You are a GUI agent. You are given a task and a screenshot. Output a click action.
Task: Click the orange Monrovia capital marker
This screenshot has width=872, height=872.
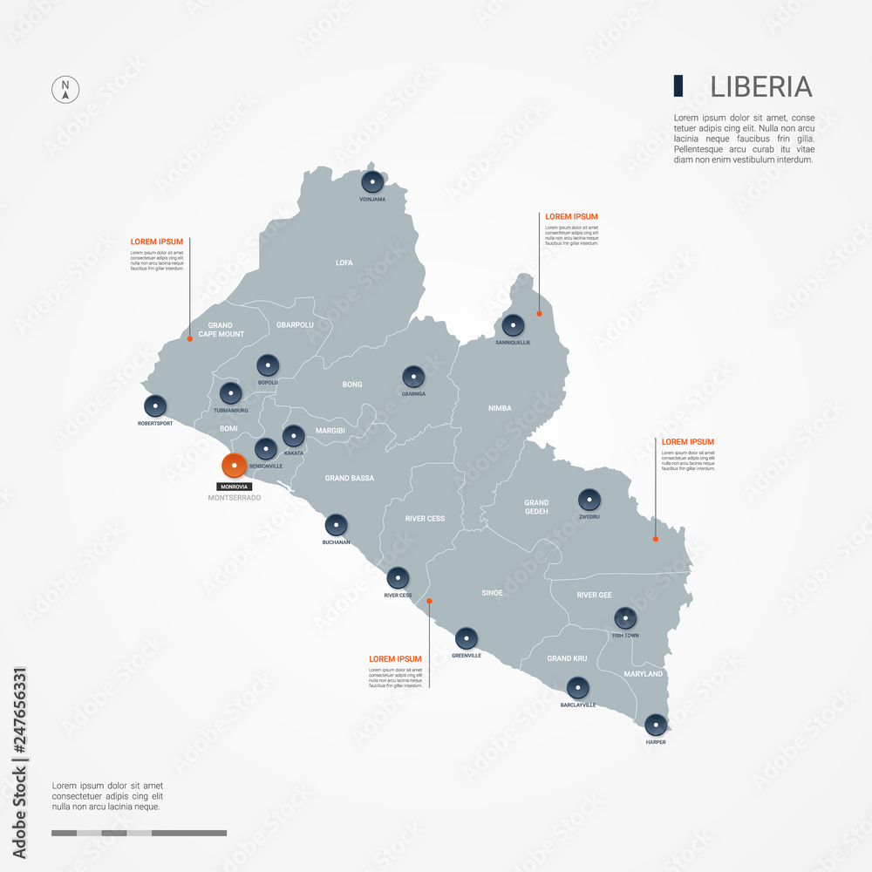click(x=234, y=466)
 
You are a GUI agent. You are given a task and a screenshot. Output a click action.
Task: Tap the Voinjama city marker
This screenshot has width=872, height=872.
click(x=372, y=182)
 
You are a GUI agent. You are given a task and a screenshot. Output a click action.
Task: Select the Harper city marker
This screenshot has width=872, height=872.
click(x=656, y=725)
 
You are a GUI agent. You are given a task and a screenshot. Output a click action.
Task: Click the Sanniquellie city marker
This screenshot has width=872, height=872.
click(x=513, y=326)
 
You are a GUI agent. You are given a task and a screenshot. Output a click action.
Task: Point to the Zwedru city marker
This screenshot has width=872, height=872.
click(x=589, y=500)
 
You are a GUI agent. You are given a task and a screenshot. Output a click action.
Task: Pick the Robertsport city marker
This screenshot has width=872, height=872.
click(x=155, y=406)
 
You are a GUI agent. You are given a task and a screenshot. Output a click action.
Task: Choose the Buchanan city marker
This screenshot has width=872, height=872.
click(x=337, y=525)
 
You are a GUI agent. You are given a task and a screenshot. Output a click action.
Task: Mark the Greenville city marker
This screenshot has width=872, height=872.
click(x=467, y=638)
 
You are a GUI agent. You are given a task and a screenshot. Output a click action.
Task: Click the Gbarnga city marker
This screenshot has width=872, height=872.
click(x=413, y=378)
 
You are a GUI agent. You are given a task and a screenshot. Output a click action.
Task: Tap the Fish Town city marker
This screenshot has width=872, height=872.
click(x=625, y=618)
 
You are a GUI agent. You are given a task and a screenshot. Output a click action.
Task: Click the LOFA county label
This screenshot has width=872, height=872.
click(x=344, y=262)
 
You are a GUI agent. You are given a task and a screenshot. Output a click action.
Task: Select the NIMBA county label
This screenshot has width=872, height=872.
click(x=500, y=408)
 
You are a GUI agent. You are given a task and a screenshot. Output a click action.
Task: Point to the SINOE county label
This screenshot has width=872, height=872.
click(x=492, y=593)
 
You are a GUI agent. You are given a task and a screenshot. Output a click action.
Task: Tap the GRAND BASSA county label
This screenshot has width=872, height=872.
click(x=349, y=478)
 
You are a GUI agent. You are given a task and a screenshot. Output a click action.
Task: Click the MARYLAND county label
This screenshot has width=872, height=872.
click(x=644, y=674)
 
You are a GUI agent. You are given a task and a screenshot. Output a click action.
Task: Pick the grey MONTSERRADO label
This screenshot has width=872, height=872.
click(x=235, y=498)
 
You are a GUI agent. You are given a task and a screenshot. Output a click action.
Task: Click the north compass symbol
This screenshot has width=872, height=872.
click(x=65, y=90)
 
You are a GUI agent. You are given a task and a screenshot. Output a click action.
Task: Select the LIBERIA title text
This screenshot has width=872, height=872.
click(x=760, y=86)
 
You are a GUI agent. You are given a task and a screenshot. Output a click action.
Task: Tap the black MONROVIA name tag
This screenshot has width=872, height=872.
click(x=234, y=486)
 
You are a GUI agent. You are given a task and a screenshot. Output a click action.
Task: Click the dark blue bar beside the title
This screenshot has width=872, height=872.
click(x=678, y=85)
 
